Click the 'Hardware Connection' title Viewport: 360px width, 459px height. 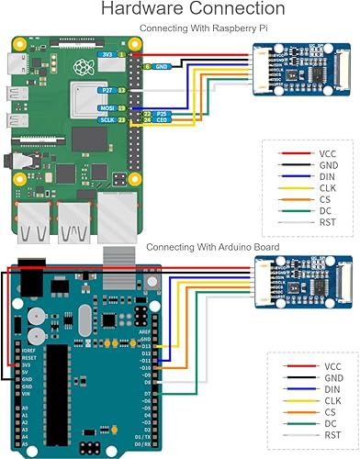[180, 10]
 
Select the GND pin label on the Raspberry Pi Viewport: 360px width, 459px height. [161, 66]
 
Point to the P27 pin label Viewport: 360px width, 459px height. [107, 90]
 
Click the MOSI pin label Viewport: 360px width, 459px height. [106, 108]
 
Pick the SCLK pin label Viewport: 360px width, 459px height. [106, 119]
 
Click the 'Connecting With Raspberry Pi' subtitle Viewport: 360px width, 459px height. [196, 28]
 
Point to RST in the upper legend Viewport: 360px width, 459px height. [329, 222]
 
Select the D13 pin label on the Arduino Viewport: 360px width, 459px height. [145, 345]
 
